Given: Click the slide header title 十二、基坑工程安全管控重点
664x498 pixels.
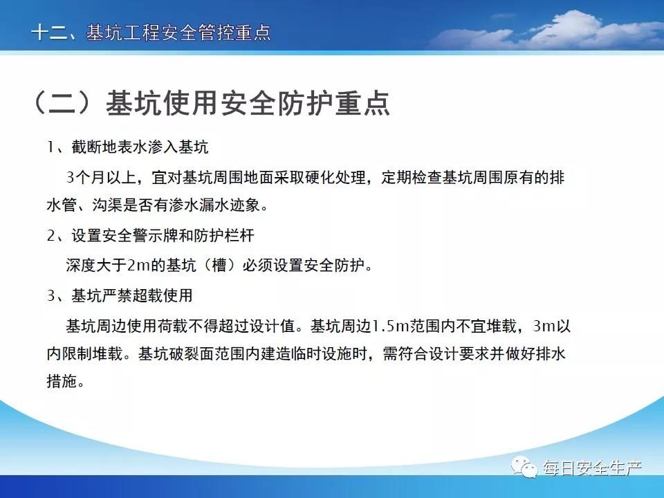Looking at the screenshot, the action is tap(151, 33).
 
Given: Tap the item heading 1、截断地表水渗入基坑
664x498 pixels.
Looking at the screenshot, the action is tap(127, 147).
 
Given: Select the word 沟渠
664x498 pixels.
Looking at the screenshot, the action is tap(108, 205).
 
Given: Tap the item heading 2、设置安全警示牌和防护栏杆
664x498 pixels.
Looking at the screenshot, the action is tap(151, 235).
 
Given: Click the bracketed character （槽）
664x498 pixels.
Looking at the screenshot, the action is tap(219, 265).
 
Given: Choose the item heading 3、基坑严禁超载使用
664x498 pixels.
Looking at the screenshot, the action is tap(120, 295).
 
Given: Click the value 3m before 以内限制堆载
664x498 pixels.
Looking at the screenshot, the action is tap(544, 326).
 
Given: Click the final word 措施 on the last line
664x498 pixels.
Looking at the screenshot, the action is tap(62, 380).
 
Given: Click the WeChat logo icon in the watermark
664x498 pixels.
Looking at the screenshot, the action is tap(524, 467).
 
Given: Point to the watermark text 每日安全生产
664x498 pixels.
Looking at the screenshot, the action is tap(593, 468).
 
